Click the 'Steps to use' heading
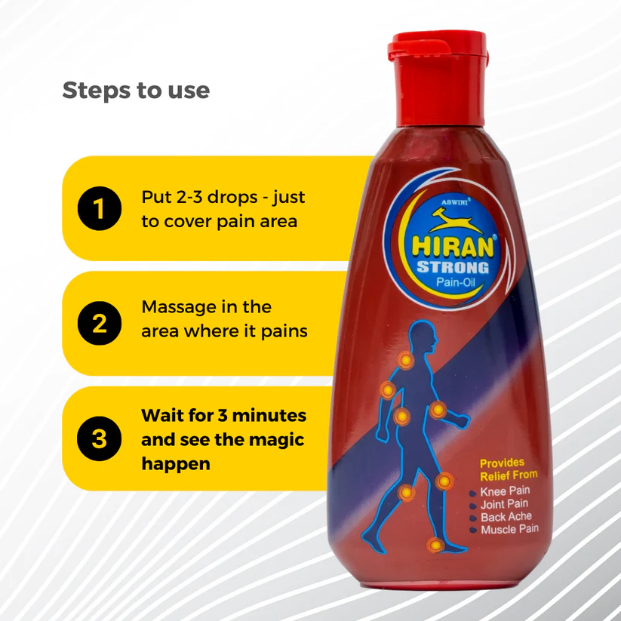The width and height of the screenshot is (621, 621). (136, 91)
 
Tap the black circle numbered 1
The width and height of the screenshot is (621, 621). (100, 208)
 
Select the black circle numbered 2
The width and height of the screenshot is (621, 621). (100, 323)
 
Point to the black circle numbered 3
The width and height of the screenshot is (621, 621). (99, 438)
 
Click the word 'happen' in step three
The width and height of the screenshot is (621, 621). (176, 464)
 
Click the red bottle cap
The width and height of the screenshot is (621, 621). (438, 77)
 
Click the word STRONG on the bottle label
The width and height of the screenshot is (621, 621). (453, 268)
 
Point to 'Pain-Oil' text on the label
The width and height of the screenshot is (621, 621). (456, 282)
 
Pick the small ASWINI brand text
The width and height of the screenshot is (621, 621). (455, 202)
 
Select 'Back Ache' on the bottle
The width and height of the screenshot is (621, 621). (506, 517)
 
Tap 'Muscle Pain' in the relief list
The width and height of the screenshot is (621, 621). (510, 530)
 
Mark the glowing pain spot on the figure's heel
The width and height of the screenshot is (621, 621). (435, 546)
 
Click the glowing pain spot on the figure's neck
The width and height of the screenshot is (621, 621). (406, 360)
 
